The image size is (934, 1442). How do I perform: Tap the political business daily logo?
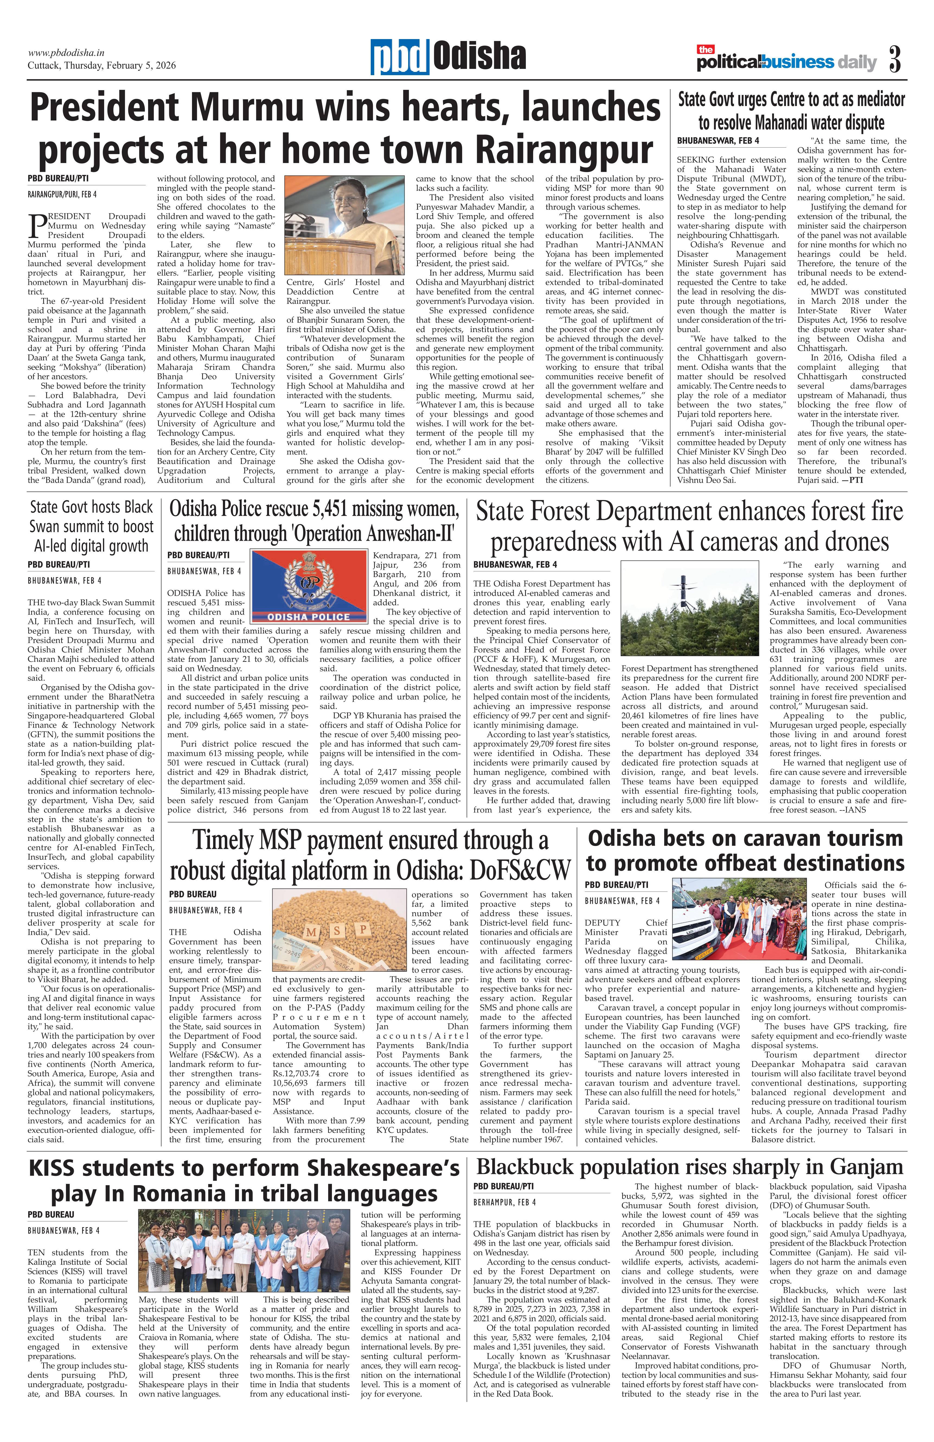point(786,61)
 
